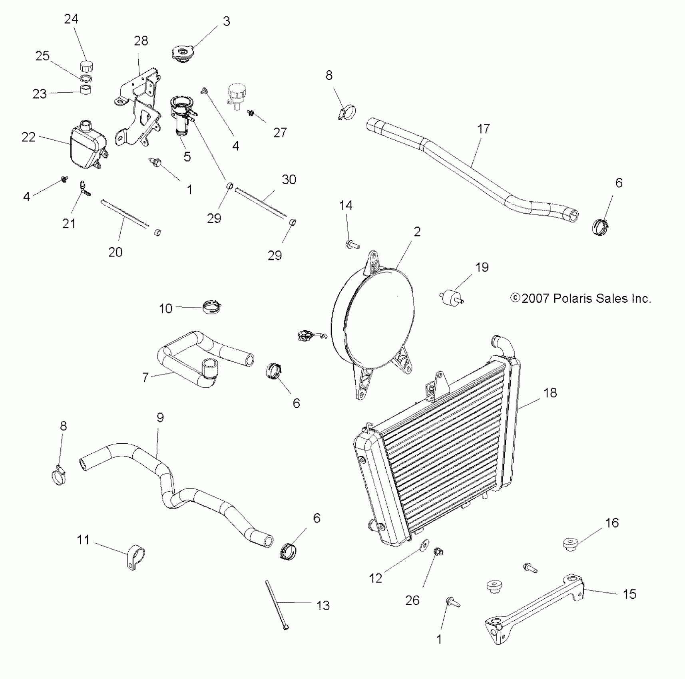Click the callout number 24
click(x=71, y=19)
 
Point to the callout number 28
click(x=141, y=41)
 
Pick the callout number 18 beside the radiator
click(x=550, y=393)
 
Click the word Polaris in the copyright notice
click(x=573, y=298)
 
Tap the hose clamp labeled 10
click(x=211, y=308)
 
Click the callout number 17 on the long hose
click(x=483, y=129)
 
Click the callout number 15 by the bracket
click(x=629, y=594)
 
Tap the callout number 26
click(x=412, y=600)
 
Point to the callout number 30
click(x=289, y=179)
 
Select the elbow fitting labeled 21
click(x=84, y=188)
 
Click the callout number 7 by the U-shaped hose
click(x=145, y=377)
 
